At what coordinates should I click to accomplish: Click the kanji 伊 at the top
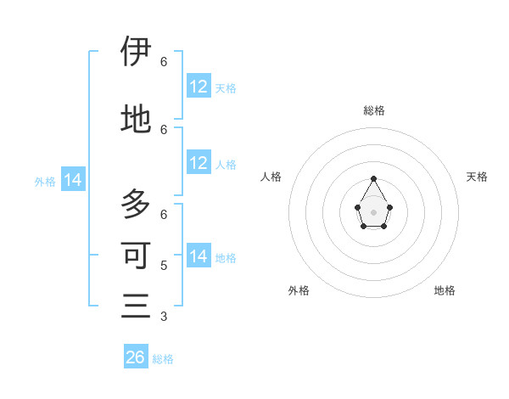(136, 52)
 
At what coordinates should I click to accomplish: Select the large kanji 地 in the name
(136, 120)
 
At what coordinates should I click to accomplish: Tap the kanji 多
(136, 205)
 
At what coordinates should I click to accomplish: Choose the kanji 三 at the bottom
(136, 305)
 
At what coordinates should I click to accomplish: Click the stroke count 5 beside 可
(164, 265)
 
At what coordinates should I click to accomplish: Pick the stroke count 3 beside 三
(164, 317)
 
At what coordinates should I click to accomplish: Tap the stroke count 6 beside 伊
(164, 61)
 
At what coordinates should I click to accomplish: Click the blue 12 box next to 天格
(199, 86)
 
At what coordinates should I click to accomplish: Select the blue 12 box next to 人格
(199, 163)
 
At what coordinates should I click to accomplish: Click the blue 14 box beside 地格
(199, 256)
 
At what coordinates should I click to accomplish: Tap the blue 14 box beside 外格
(73, 180)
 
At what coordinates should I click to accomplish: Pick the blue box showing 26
(136, 357)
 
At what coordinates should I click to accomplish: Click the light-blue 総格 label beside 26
(163, 359)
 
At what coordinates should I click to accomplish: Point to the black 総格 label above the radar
(374, 110)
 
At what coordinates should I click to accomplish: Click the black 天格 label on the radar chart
(477, 177)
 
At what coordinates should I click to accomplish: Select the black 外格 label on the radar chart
(299, 290)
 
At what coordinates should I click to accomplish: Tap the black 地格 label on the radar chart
(445, 290)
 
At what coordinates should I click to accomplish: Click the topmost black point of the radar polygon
(374, 178)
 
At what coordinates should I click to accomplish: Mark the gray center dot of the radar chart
(374, 211)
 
